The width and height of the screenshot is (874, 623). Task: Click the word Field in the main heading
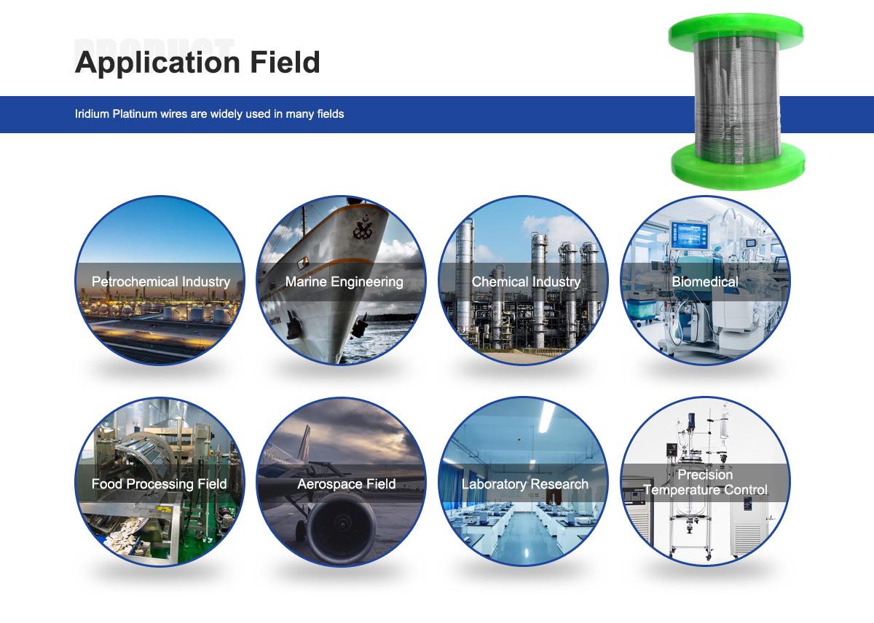coord(286,63)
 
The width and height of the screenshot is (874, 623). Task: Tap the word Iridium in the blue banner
coord(92,114)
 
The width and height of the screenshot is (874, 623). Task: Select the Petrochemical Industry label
coord(160,282)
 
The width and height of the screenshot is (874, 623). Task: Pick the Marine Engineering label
coord(344,282)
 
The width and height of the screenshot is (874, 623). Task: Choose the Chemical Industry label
coord(526,282)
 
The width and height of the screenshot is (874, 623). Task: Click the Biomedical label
coord(704,282)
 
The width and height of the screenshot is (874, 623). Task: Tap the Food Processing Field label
coord(159,484)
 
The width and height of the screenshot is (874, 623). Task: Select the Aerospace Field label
coord(346,484)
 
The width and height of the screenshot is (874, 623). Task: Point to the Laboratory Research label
coord(524,484)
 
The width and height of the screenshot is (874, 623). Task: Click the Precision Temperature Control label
coord(705,483)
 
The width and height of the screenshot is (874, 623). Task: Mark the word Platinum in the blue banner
coord(135,114)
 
